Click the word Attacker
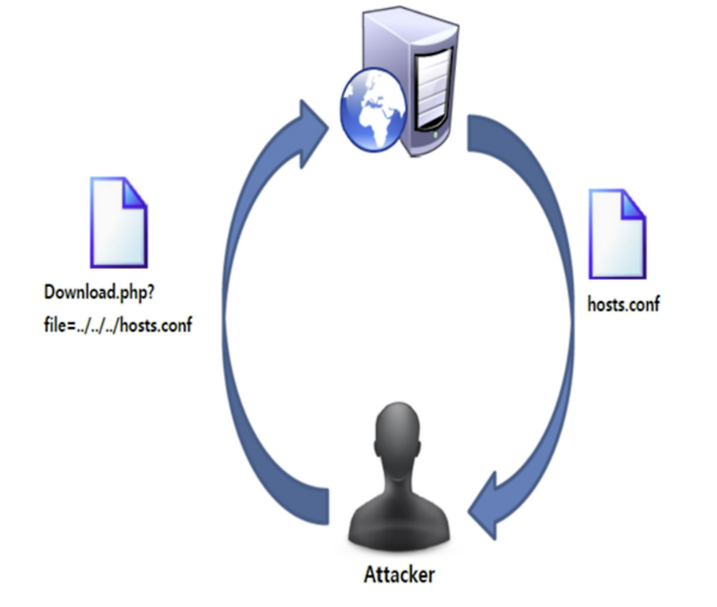click(399, 574)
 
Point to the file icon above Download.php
click(117, 223)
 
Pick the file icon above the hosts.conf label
click(617, 232)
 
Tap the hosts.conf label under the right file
click(623, 304)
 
